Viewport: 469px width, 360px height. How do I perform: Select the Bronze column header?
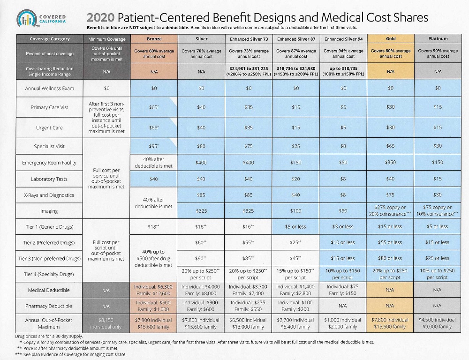[x=155, y=39]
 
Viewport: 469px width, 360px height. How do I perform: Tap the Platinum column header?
[x=438, y=39]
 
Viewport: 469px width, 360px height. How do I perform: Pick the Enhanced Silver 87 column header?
[x=296, y=39]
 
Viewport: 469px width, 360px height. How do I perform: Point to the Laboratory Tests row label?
[x=49, y=179]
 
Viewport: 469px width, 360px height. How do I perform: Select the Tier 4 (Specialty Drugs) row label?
[x=49, y=274]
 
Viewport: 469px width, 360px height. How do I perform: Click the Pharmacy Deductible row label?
[x=49, y=306]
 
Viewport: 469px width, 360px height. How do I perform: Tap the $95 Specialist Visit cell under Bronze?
[x=155, y=146]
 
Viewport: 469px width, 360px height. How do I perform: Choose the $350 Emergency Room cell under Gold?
[x=391, y=163]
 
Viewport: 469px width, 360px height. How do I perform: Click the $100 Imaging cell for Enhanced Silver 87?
[x=296, y=211]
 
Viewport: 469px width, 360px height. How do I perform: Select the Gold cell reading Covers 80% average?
[x=391, y=53]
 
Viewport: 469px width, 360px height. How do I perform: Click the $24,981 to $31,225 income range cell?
[x=249, y=71]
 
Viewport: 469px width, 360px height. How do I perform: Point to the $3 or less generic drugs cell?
[x=343, y=227]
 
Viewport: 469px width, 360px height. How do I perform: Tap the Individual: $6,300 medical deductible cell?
[x=155, y=290]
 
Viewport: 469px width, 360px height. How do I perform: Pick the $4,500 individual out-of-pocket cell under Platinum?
[x=438, y=323]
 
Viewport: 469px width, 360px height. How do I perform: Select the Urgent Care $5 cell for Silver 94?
[x=343, y=127]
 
